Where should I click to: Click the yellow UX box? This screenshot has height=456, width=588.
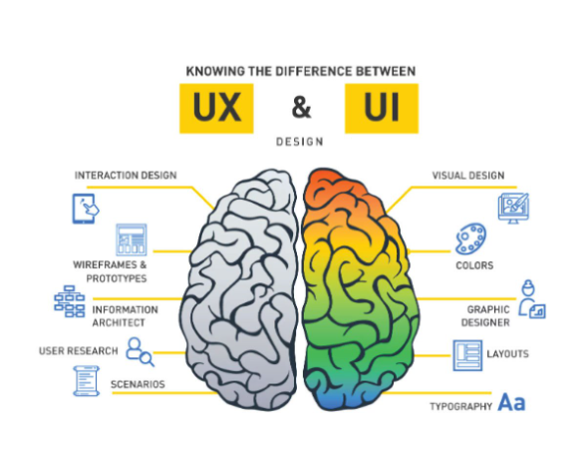(x=216, y=108)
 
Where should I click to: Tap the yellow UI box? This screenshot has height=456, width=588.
(x=382, y=108)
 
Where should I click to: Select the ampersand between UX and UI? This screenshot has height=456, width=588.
(x=301, y=108)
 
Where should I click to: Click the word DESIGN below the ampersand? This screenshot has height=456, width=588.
(x=299, y=142)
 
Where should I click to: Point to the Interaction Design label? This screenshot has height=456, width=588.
(x=126, y=176)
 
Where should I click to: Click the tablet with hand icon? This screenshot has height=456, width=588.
(x=86, y=209)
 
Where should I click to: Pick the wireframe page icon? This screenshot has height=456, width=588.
(x=132, y=239)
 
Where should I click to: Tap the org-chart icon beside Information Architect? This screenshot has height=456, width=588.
(x=70, y=301)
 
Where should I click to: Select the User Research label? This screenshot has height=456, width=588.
(x=79, y=351)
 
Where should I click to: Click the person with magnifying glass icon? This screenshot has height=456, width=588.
(x=140, y=351)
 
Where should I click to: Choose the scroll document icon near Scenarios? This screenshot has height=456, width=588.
(x=87, y=381)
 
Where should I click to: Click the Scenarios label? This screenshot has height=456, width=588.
(x=138, y=384)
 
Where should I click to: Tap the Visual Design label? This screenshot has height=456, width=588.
(x=468, y=176)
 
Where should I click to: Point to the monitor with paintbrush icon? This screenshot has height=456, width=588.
(x=513, y=209)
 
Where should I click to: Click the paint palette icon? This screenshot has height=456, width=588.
(x=471, y=238)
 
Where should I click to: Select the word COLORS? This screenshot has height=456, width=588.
(x=474, y=265)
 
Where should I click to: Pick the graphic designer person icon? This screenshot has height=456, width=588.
(x=532, y=299)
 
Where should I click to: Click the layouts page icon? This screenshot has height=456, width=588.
(x=467, y=355)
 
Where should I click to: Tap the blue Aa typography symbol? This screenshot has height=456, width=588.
(x=511, y=402)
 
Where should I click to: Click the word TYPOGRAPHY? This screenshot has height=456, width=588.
(x=460, y=406)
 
